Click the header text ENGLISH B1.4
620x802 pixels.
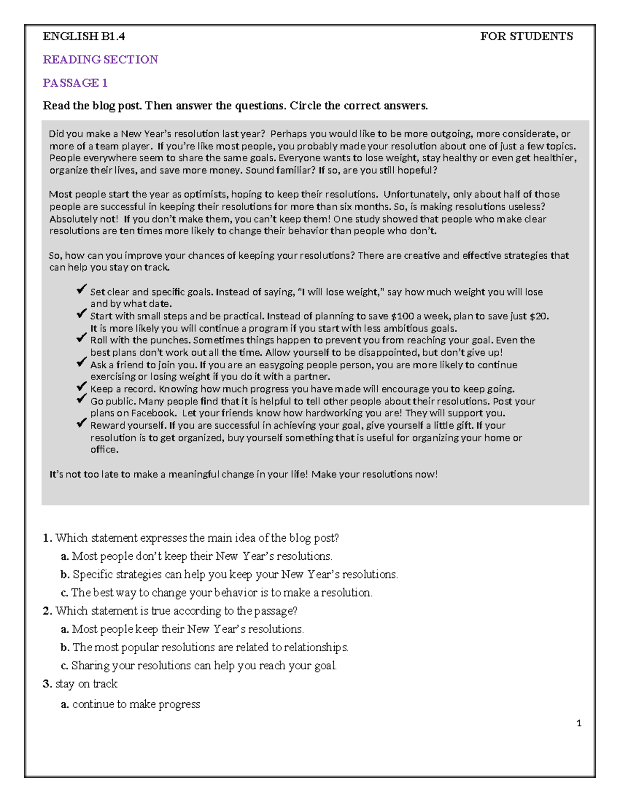pyautogui.click(x=84, y=36)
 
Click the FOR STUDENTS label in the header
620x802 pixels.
pyautogui.click(x=526, y=36)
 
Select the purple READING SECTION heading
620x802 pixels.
pyautogui.click(x=100, y=59)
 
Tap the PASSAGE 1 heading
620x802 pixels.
pyautogui.click(x=75, y=83)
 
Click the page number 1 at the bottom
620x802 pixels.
pyautogui.click(x=579, y=723)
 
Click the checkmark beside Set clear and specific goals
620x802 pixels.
pyautogui.click(x=81, y=290)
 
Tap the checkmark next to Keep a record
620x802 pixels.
pyautogui.click(x=81, y=387)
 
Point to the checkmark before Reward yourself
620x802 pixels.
pyautogui.click(x=81, y=423)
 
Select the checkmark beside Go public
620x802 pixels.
pyautogui.click(x=81, y=399)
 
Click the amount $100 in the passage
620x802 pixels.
pyautogui.click(x=402, y=316)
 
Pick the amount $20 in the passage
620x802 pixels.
pyautogui.click(x=538, y=316)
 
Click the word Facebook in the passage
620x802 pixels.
pyautogui.click(x=153, y=413)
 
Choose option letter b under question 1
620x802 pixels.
pyautogui.click(x=65, y=574)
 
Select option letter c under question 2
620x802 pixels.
pyautogui.click(x=64, y=666)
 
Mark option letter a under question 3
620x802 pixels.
pyautogui.click(x=65, y=704)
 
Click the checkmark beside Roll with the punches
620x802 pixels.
pyautogui.click(x=81, y=338)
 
